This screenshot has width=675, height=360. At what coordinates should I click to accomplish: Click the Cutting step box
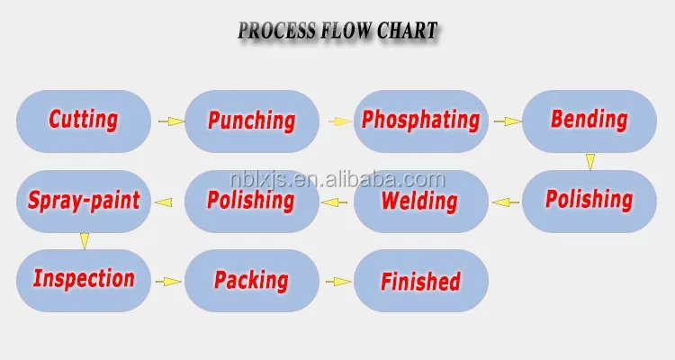click(x=83, y=120)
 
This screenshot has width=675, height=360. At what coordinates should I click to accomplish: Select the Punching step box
click(x=252, y=120)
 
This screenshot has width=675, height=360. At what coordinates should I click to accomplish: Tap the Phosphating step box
click(x=420, y=120)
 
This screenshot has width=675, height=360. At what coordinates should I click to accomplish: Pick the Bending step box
click(x=589, y=120)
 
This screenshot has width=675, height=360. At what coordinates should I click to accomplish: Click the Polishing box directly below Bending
click(x=589, y=201)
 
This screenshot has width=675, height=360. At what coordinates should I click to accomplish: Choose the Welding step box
click(x=420, y=201)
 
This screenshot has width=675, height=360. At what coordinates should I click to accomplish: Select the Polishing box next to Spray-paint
click(x=252, y=201)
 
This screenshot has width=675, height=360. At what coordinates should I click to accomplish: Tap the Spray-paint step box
click(x=83, y=201)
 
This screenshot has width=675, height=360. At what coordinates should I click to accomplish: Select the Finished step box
click(x=420, y=281)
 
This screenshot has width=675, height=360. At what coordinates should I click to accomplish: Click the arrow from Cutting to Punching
click(x=168, y=121)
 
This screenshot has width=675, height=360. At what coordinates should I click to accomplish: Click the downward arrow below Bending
click(x=589, y=161)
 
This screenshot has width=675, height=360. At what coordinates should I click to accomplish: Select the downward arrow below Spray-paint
click(x=84, y=240)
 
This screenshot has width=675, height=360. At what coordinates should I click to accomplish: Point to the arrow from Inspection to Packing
click(x=168, y=282)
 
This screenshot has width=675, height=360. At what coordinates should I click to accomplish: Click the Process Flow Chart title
click(x=337, y=31)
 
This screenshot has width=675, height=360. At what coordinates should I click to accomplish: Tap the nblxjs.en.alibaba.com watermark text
click(x=337, y=179)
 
